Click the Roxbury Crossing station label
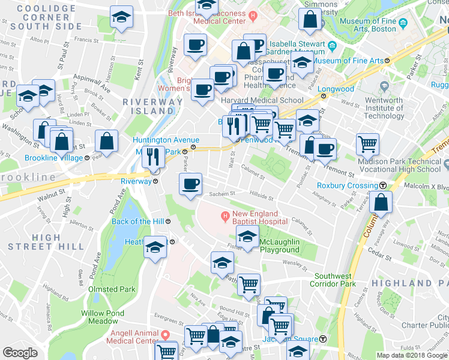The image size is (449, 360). [347, 185]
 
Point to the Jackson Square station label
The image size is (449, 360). [289, 339]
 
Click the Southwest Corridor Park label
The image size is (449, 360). [334, 280]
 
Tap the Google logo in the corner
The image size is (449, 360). [20, 353]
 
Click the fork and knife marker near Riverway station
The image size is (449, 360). [153, 157]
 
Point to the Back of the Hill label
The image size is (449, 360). [139, 221]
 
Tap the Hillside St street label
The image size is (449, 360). [262, 197]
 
